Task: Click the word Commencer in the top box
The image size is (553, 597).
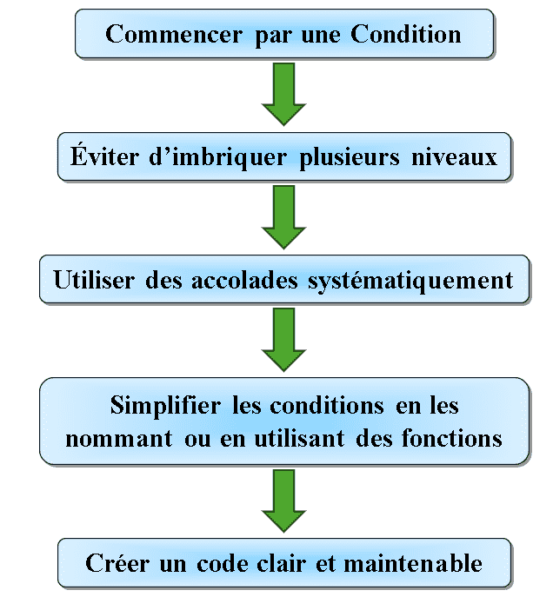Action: (x=174, y=34)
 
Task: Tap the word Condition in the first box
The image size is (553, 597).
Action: (x=405, y=34)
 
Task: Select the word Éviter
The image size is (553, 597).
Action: (x=104, y=156)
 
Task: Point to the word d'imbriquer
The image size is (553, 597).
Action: (x=217, y=157)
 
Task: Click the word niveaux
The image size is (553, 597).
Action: (x=455, y=157)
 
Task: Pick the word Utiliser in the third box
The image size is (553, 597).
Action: (x=94, y=280)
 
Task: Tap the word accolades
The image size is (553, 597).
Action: (x=244, y=280)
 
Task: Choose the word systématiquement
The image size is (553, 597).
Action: (x=410, y=282)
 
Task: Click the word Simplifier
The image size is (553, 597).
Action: (x=165, y=406)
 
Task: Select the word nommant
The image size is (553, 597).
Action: (x=119, y=439)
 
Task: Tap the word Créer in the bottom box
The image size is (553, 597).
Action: (x=117, y=563)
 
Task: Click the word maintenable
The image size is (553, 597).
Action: (x=413, y=563)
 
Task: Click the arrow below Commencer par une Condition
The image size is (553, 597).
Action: (x=283, y=94)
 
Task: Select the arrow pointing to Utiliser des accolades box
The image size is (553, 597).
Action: (x=283, y=217)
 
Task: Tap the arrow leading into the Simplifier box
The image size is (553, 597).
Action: (x=283, y=340)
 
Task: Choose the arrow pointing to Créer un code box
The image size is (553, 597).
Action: (x=283, y=501)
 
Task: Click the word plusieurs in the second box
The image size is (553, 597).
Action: (x=350, y=158)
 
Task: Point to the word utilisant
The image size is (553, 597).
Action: (x=300, y=438)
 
